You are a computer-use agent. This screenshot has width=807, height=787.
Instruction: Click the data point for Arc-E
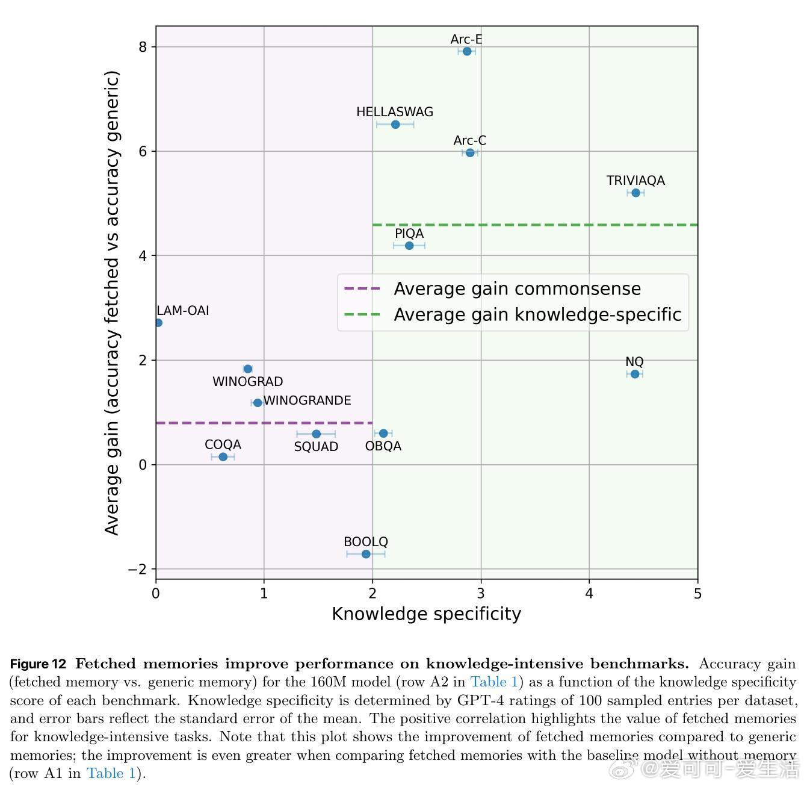(x=467, y=51)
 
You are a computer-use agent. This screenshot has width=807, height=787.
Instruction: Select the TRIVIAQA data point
(x=635, y=193)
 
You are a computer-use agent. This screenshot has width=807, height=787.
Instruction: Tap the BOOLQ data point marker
(x=366, y=554)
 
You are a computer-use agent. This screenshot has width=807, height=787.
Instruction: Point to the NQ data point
(x=635, y=374)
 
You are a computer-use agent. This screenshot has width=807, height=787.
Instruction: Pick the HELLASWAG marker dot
(x=395, y=125)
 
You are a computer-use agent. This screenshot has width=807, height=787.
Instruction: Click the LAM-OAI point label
(x=183, y=311)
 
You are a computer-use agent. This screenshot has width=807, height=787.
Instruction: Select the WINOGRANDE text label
(x=307, y=400)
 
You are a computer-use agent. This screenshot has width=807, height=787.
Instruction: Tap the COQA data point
(x=223, y=457)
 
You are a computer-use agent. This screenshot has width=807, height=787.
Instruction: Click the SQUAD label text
(x=316, y=447)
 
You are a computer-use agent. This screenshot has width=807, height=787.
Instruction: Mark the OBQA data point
(x=383, y=434)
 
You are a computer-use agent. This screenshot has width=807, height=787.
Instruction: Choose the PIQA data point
(x=409, y=246)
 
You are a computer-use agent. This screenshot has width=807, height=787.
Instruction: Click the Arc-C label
(x=469, y=140)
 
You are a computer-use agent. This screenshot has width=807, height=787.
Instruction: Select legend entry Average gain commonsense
(x=516, y=289)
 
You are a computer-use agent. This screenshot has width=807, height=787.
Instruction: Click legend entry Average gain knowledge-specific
(x=537, y=315)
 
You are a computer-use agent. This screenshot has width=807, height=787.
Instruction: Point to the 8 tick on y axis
(x=143, y=47)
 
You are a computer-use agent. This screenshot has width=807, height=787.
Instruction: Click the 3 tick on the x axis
(x=481, y=594)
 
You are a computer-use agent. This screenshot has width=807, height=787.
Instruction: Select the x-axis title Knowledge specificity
(x=426, y=614)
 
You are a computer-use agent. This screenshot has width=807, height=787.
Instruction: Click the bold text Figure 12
(x=38, y=664)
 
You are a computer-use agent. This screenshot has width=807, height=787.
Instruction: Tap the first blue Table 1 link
(x=493, y=682)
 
